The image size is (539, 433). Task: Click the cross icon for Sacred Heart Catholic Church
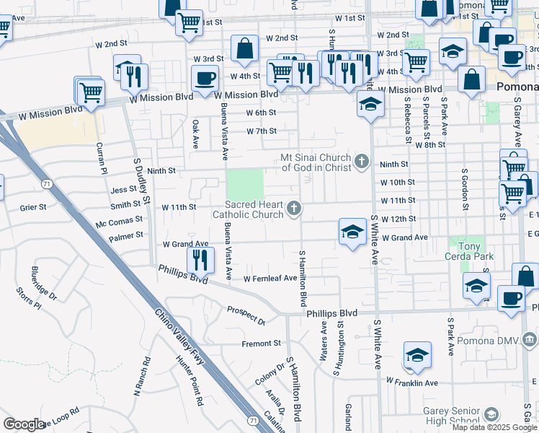point(293,209)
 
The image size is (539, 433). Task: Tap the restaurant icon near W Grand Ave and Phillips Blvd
point(200,259)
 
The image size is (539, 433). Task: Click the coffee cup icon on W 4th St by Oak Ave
point(205,78)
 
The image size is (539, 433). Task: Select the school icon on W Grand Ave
point(352,232)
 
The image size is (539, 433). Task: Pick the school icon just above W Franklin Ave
point(417,355)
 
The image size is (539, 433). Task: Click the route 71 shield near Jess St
point(47,185)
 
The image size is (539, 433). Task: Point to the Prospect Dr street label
point(246,315)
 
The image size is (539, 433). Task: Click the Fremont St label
point(261,344)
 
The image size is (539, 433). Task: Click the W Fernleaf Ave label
point(270,278)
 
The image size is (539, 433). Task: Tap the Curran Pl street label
point(102,157)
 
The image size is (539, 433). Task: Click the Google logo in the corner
point(24,424)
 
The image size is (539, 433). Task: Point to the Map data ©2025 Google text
point(494,427)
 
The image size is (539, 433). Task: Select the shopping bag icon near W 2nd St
point(244,48)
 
